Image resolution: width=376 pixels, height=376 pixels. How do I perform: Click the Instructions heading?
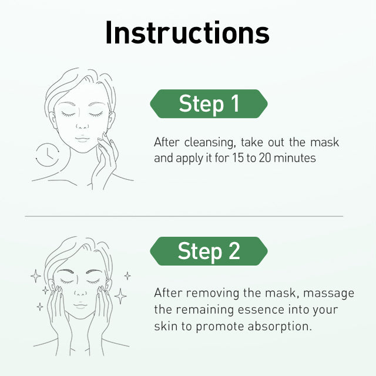tap(187, 33)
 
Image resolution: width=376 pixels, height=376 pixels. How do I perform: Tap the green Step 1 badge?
tap(209, 104)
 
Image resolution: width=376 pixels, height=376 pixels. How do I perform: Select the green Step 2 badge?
tap(209, 251)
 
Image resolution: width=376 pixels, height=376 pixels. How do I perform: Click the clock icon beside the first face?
tap(48, 155)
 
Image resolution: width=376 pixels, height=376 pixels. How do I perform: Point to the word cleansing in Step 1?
tap(209, 143)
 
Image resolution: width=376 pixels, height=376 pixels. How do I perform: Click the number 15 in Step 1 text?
tap(237, 158)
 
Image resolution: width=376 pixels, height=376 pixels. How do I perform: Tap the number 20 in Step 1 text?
tap(265, 158)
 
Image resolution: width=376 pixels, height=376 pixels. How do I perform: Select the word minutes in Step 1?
tap(295, 158)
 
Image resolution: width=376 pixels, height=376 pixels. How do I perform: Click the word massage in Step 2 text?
tap(329, 294)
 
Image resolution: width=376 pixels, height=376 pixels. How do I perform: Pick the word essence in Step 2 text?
tap(261, 310)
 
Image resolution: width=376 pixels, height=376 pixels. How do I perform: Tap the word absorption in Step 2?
tap(280, 327)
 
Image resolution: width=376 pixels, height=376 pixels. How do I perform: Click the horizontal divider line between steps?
tap(184, 216)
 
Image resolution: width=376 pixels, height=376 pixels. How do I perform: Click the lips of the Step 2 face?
tap(80, 305)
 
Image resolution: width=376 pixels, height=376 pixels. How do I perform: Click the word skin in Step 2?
tap(166, 327)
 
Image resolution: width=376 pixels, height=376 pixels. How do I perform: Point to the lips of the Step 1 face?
tap(82, 139)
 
